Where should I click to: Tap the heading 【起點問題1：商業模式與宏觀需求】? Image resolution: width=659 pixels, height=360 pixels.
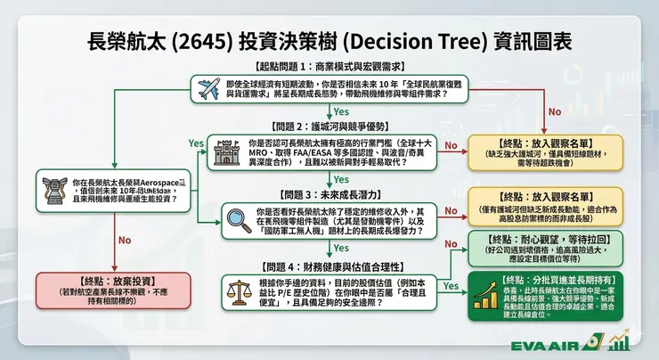pos(329,67)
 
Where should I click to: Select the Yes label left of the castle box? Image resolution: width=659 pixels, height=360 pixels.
pos(196,143)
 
